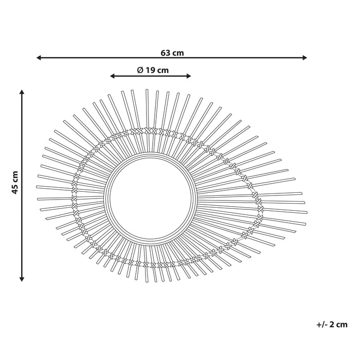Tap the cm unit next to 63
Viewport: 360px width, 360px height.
[178, 52]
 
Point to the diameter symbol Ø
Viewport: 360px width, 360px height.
[139, 70]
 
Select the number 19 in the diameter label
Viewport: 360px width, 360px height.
[150, 70]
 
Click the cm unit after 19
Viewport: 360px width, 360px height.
[163, 70]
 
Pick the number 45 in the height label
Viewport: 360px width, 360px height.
[15, 189]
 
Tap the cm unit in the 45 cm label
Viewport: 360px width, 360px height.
[15, 176]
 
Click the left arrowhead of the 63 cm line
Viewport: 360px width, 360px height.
[39, 58]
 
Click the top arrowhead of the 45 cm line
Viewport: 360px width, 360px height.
[22, 92]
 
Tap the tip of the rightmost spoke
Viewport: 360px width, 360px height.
[307, 212]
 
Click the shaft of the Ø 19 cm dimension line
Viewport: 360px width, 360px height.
[150, 76]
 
